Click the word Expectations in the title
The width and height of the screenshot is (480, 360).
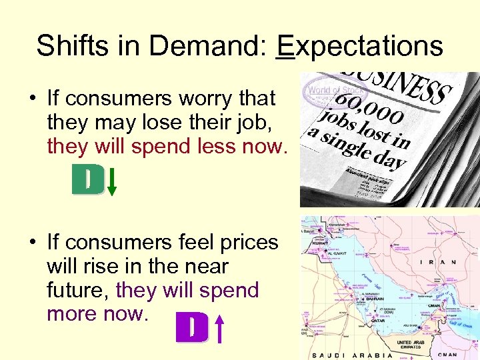click(359, 47)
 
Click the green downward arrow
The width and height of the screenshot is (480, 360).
click(112, 181)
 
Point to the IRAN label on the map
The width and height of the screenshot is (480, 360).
click(439, 262)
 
